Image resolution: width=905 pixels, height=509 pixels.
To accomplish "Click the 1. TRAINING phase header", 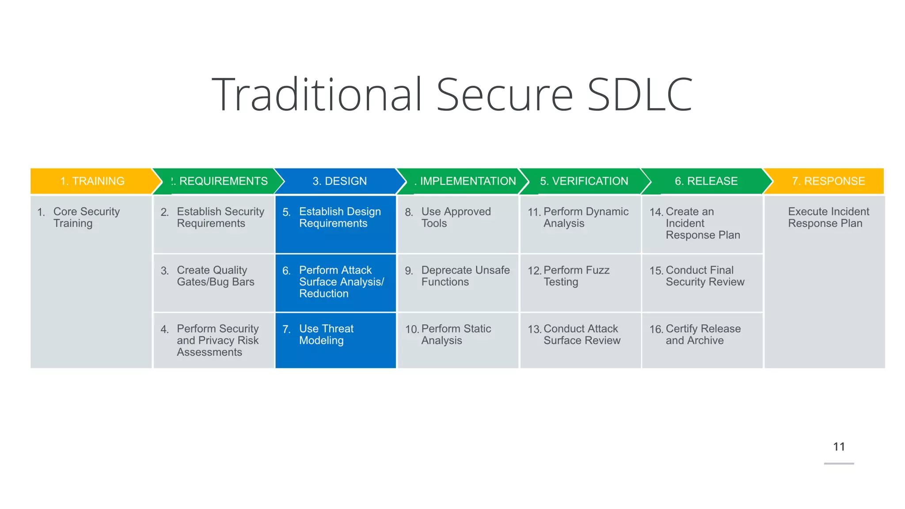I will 92,181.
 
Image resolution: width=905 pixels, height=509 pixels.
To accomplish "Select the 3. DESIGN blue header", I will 339,181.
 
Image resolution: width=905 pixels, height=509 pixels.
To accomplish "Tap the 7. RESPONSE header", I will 828,181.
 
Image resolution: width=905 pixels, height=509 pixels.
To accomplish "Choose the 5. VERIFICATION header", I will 584,181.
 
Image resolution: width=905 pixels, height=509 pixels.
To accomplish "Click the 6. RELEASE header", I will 706,181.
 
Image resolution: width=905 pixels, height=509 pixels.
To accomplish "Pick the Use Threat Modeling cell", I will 326,334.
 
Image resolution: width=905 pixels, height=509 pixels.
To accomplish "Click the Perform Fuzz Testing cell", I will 576,276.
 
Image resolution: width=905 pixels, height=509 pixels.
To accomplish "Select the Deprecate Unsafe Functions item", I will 465,276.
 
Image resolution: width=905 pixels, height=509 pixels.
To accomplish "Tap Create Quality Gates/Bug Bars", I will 215,276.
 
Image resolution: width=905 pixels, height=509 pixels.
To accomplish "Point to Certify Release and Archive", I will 703,334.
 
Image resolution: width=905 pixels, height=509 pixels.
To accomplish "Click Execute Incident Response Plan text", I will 828,217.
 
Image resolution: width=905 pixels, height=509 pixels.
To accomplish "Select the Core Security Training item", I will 86,217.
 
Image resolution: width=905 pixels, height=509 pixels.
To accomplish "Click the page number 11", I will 839,447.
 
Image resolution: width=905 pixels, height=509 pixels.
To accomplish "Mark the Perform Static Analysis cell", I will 456,334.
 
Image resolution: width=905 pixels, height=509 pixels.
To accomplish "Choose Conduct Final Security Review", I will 705,276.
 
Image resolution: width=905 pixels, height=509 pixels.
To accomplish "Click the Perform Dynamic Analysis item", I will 586,217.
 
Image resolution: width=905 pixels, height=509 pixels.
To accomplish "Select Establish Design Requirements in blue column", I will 339,217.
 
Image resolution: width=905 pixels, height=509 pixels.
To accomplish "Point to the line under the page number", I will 839,463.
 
